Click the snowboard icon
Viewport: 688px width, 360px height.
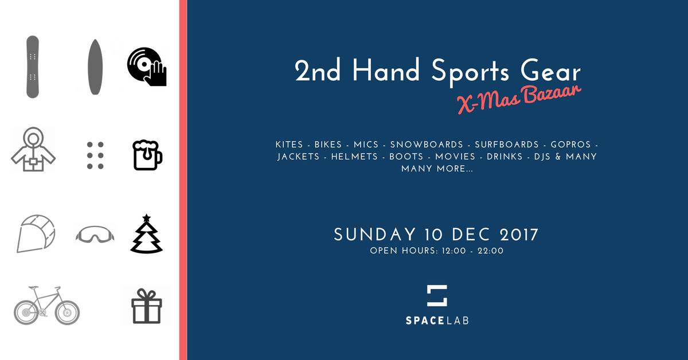33,66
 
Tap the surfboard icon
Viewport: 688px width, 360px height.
95,66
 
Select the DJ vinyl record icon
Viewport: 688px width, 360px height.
147,66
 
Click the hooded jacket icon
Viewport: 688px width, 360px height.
33,149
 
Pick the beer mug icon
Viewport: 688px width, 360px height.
147,155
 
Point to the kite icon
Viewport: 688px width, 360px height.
36,233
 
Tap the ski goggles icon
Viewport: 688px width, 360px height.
95,234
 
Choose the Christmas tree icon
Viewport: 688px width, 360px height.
147,234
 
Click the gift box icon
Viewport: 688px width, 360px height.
147,306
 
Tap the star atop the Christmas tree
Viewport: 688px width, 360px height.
147,218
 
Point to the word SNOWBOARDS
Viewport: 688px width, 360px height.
427,144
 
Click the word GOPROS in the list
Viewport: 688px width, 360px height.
570,144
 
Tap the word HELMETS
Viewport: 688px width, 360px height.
354,156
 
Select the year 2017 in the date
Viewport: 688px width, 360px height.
519,234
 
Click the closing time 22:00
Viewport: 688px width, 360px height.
491,251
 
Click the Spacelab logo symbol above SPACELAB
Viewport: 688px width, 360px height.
437,295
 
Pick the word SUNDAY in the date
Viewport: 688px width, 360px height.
375,234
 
